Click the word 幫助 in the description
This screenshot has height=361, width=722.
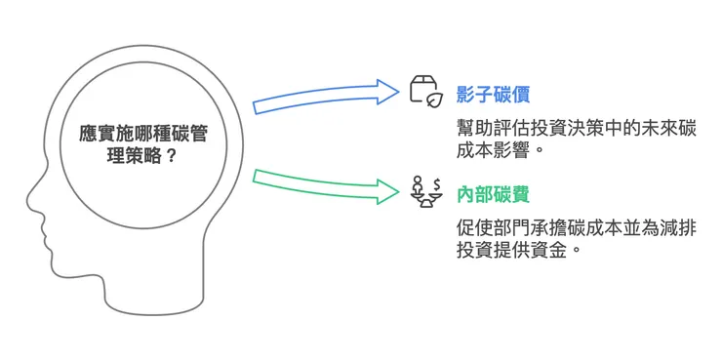[x=473, y=129]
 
